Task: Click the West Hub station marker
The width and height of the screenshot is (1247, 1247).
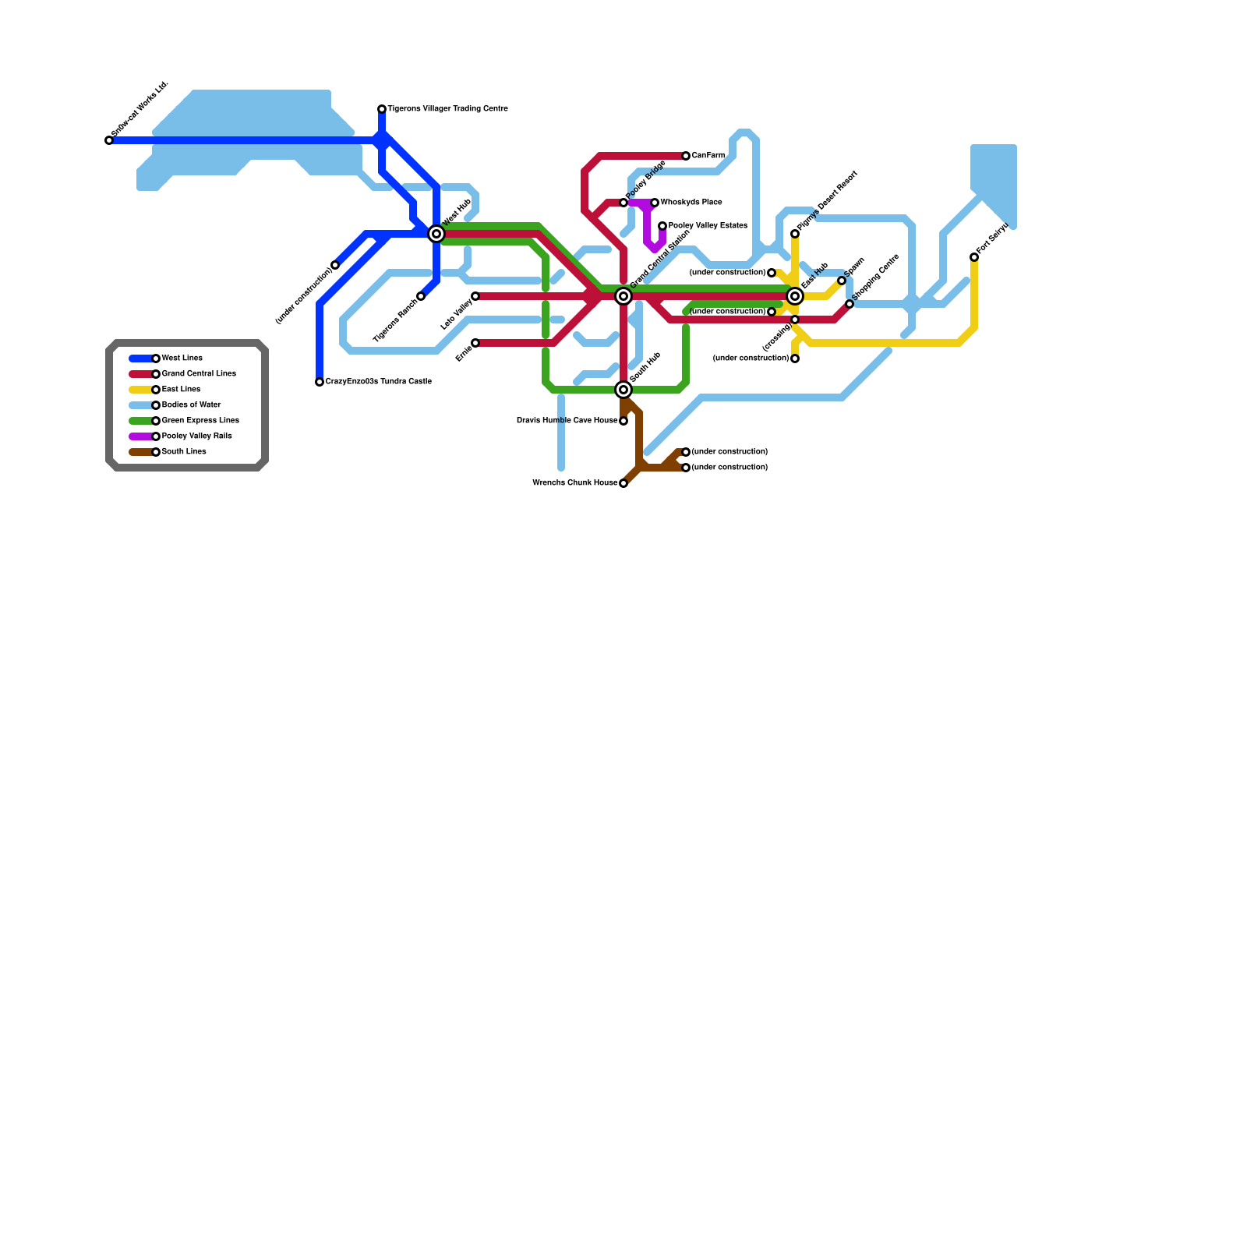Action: [x=436, y=234]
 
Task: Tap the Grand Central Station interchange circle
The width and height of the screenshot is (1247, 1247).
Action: [x=623, y=296]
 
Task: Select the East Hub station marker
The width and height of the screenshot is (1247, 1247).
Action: [x=795, y=296]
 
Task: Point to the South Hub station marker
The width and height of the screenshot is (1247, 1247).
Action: [x=623, y=390]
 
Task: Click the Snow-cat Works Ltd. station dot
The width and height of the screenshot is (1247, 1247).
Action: [x=109, y=140]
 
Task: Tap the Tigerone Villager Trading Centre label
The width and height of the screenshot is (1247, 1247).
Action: [x=447, y=109]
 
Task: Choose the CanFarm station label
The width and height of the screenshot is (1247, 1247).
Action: [x=708, y=156]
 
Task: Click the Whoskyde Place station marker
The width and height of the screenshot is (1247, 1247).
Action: [x=655, y=203]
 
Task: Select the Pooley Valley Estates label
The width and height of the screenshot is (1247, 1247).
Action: [x=707, y=226]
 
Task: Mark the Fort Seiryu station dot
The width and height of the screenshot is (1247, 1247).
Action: [x=974, y=257]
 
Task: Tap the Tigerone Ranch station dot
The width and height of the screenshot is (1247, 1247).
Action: [x=421, y=296]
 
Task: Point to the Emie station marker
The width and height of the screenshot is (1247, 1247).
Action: [x=475, y=343]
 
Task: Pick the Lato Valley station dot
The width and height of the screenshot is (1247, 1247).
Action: [x=475, y=296]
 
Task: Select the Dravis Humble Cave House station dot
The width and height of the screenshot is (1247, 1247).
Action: [x=623, y=421]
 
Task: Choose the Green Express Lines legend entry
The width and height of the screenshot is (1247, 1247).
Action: [x=200, y=421]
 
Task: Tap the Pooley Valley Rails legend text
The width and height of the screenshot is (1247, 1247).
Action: [x=196, y=436]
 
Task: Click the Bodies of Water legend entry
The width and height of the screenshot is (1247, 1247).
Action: [x=191, y=405]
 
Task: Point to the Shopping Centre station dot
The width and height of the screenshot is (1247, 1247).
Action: [x=850, y=304]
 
